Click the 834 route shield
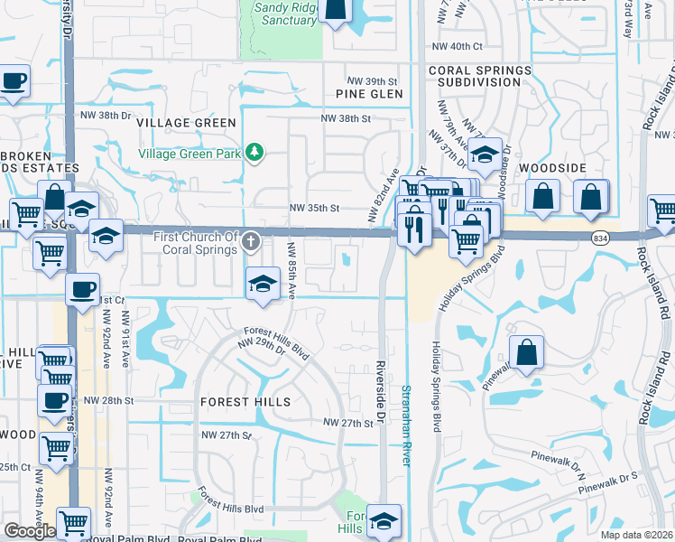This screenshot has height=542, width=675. click(x=600, y=238)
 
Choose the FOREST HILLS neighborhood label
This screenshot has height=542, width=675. click(x=245, y=401)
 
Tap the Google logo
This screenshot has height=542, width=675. click(x=30, y=531)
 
